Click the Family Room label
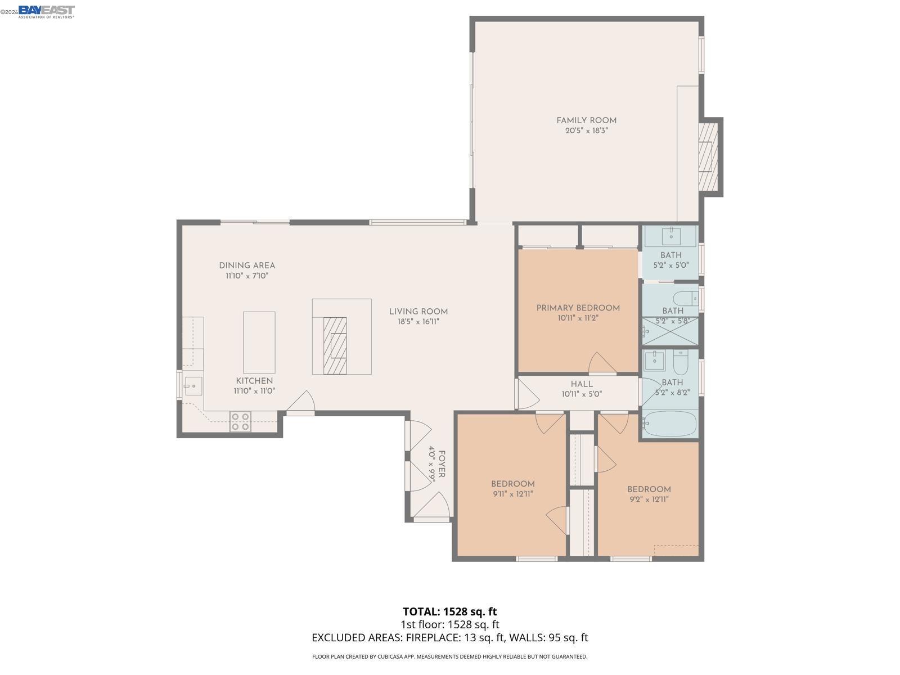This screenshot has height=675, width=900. click(x=586, y=120)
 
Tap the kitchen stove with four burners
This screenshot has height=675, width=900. click(x=240, y=421)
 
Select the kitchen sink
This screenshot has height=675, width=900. click(x=193, y=386)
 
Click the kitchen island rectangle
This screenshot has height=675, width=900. click(x=259, y=342)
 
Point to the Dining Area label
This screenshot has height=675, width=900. click(x=247, y=265)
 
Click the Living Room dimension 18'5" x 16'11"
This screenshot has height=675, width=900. click(x=418, y=322)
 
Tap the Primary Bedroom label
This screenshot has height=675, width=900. click(x=578, y=308)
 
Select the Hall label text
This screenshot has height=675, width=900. click(x=581, y=384)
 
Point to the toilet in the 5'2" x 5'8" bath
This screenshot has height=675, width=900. click(x=685, y=298)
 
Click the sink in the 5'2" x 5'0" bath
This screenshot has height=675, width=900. click(x=670, y=237)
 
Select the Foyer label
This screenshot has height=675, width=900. click(x=442, y=464)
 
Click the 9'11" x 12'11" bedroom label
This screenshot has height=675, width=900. click(x=512, y=484)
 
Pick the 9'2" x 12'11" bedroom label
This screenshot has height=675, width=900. click(x=649, y=489)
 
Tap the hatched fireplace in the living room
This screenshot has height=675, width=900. click(x=335, y=345)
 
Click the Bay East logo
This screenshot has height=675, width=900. click(x=46, y=11)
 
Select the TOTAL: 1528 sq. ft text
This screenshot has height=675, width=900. click(x=449, y=611)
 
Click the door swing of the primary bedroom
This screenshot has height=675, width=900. click(x=600, y=363)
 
